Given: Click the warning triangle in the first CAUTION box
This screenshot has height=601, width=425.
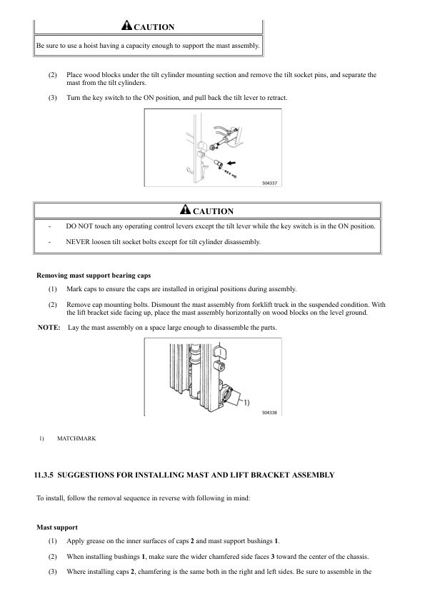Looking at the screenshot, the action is [126, 25].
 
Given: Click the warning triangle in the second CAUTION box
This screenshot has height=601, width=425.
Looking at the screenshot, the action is [185, 209].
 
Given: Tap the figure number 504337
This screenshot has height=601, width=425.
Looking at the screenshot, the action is [269, 183].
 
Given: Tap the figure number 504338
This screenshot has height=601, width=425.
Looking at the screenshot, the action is [269, 413].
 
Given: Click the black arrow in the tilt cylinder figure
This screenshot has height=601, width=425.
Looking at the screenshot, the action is [231, 163].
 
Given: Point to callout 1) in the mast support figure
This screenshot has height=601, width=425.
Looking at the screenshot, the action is [246, 403].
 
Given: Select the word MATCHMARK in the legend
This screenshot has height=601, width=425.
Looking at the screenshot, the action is [76, 438].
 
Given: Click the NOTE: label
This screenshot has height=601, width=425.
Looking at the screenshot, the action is [49, 328].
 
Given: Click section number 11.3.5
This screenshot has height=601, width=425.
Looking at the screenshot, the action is [44, 475].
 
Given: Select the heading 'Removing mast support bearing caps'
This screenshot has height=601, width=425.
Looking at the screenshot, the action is [94, 276].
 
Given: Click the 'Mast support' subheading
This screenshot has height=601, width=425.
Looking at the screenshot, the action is [57, 527].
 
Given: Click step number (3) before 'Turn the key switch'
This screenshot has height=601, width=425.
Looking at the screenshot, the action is [53, 98].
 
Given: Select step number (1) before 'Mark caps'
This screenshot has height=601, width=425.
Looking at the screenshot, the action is [53, 289].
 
